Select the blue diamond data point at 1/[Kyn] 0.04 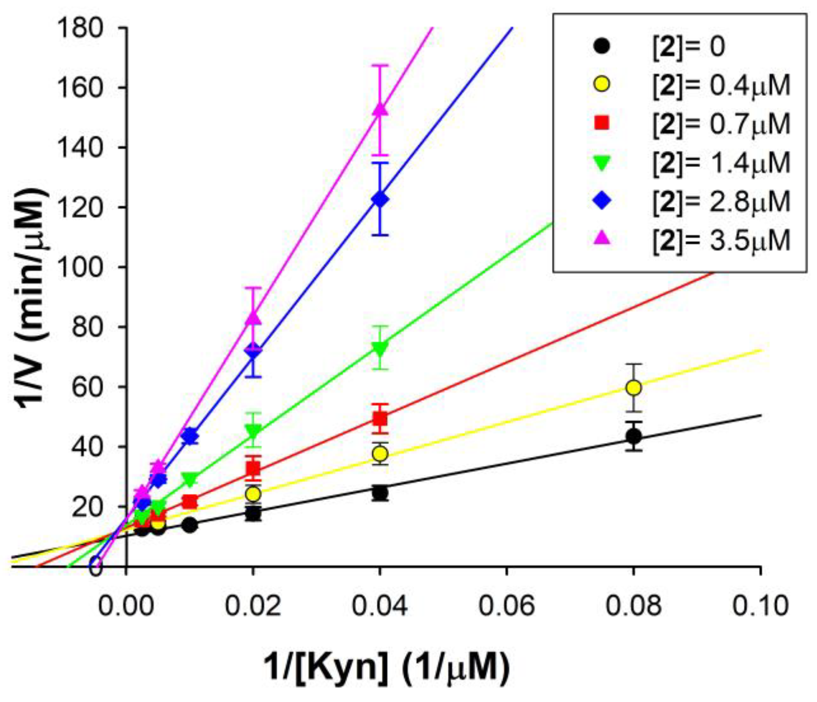380,199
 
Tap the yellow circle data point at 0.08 633,388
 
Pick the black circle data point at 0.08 633,436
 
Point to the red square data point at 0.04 380,419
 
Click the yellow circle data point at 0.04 380,454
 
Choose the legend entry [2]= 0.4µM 721,85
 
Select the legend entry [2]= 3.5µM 721,240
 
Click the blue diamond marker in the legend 602,201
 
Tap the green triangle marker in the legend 602,163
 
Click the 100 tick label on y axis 80,268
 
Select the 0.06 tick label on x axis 507,606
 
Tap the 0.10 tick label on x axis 760,606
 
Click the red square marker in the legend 602,123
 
